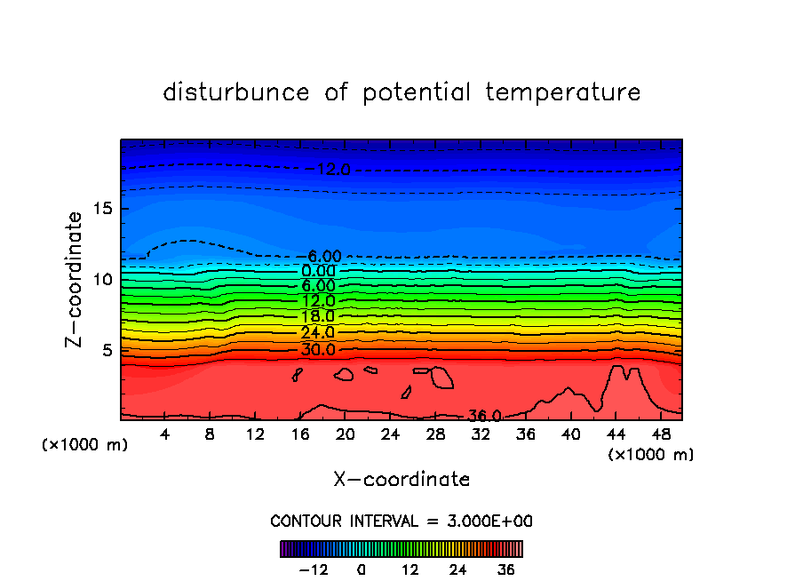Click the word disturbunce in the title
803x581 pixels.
click(x=236, y=92)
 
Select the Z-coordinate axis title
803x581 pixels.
click(x=75, y=279)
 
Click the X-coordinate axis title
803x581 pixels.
click(x=401, y=480)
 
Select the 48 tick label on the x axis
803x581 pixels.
click(x=661, y=434)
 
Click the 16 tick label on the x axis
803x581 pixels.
click(x=300, y=434)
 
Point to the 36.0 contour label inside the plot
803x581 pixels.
click(x=486, y=416)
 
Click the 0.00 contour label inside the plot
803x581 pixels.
click(x=318, y=271)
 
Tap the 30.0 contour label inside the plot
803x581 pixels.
click(x=318, y=349)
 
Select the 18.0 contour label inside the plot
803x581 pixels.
click(x=318, y=316)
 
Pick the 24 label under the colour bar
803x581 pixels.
click(x=458, y=569)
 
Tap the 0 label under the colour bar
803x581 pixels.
click(x=362, y=569)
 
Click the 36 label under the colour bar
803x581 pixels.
click(x=506, y=569)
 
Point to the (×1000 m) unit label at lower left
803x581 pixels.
click(x=85, y=445)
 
